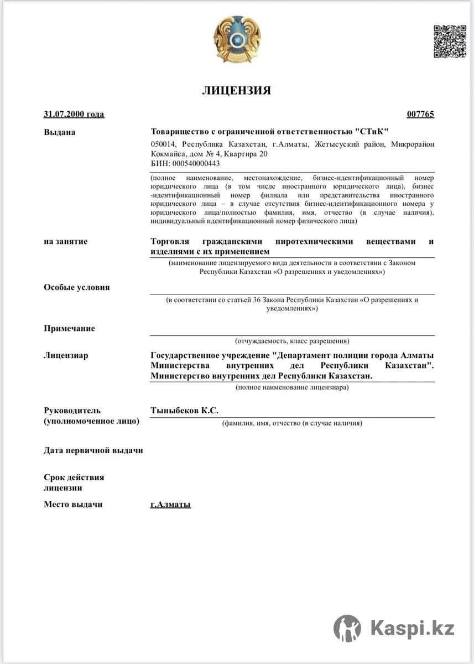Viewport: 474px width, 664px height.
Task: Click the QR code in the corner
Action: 449,41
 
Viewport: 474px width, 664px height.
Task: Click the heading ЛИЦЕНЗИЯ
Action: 236,91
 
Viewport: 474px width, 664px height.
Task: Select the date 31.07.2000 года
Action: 74,115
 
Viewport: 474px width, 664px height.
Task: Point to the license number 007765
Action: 420,115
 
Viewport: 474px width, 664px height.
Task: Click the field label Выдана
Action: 59,132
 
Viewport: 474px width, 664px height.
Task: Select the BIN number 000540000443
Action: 196,164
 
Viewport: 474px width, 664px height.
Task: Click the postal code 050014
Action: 163,144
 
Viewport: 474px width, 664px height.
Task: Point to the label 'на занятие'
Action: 65,241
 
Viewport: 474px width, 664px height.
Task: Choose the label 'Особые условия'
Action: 76,287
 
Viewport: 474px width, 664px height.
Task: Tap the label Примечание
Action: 69,328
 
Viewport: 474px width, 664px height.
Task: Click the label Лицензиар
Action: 65,355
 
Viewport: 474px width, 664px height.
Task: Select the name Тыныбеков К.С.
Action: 184,410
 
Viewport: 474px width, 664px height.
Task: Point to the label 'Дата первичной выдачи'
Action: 93,450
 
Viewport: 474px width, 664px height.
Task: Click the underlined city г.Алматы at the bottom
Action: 170,505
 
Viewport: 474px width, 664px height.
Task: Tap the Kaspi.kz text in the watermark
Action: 413,629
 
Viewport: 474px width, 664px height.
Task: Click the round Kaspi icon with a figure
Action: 347,629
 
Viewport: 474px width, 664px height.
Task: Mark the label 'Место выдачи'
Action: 73,504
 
